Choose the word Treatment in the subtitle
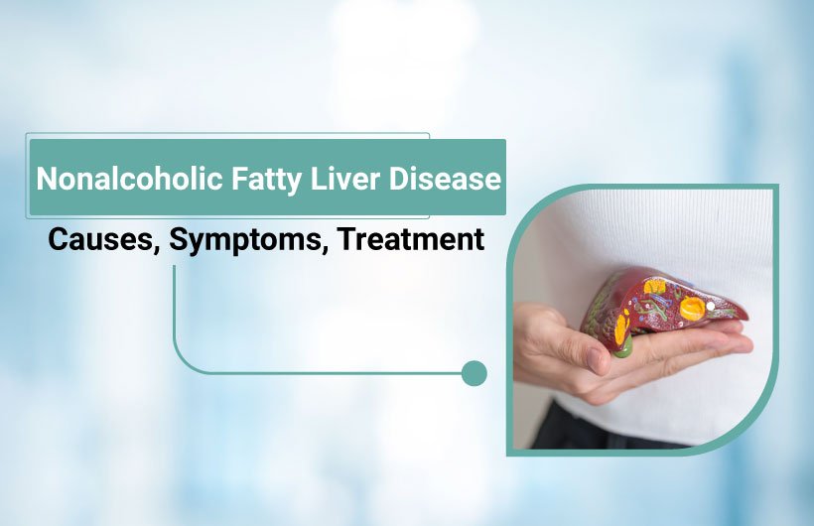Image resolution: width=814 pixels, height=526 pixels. (x=412, y=239)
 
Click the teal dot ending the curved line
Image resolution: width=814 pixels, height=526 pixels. (x=475, y=373)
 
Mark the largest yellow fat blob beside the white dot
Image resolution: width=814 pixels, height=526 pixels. (x=693, y=309)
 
